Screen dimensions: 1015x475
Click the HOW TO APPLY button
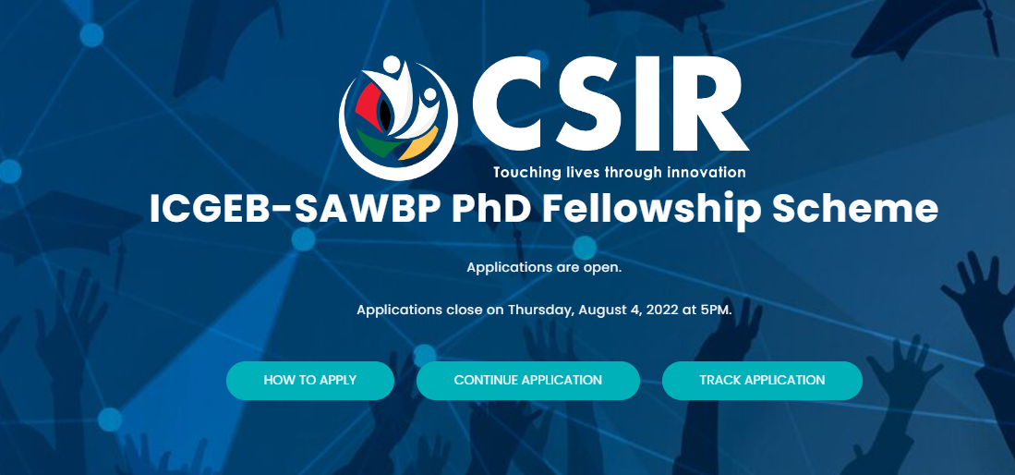click(x=310, y=381)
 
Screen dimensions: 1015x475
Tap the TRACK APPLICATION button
click(x=762, y=381)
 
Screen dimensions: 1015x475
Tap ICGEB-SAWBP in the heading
click(x=296, y=208)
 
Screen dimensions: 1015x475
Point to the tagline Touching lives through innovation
click(x=620, y=173)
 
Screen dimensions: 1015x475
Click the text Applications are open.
click(x=544, y=267)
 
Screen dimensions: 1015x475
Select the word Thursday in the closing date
click(x=540, y=310)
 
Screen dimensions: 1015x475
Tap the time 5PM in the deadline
click(x=717, y=310)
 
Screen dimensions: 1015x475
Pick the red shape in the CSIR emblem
click(x=369, y=107)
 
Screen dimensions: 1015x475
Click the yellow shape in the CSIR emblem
click(x=418, y=144)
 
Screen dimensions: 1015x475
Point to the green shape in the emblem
click(x=378, y=143)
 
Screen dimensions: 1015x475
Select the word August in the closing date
click(x=600, y=311)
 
